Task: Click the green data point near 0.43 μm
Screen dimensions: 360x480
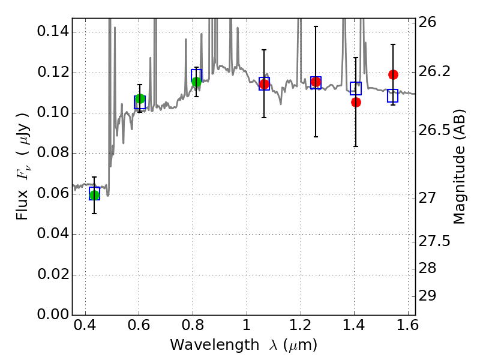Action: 94,194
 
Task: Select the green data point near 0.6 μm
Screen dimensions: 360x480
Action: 140,99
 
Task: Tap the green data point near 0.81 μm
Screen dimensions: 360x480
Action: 196,82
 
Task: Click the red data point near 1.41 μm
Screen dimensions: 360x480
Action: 356,102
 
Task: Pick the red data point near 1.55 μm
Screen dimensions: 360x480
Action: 393,74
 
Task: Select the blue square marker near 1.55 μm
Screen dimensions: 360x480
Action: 393,95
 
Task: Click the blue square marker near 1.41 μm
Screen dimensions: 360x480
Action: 356,88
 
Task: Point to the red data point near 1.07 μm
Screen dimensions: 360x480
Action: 264,84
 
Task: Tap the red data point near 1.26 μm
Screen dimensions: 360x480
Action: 316,82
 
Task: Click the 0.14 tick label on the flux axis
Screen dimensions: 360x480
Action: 52,32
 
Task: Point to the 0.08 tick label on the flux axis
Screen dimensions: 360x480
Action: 52,153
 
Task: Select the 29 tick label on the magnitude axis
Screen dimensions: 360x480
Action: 431,296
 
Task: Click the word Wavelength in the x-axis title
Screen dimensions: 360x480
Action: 204,345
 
